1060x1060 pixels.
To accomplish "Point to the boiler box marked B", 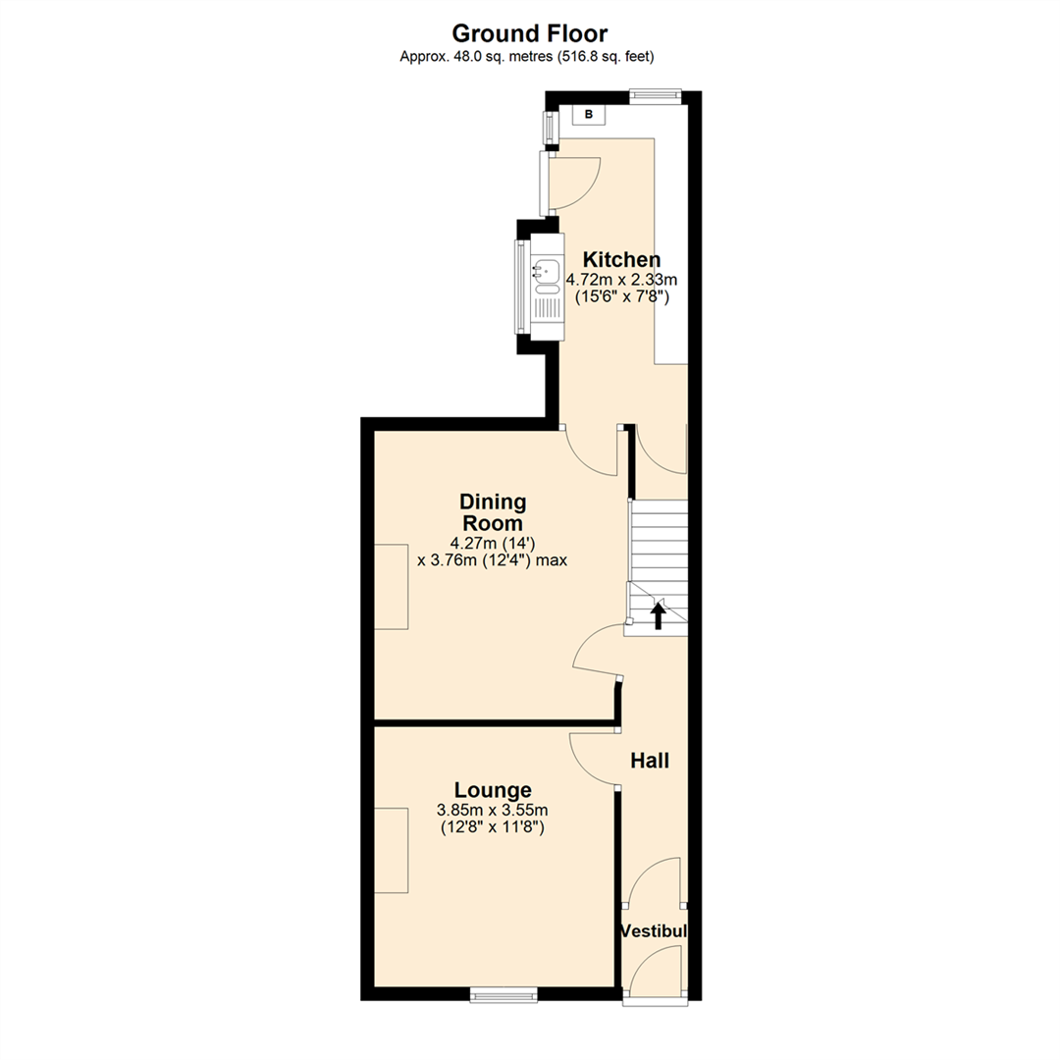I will tap(589, 115).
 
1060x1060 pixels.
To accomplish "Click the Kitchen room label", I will tap(621, 259).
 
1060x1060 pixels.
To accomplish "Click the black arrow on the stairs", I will tap(659, 615).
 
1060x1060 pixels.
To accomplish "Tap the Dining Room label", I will tap(494, 512).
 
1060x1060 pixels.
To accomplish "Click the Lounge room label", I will tap(493, 790).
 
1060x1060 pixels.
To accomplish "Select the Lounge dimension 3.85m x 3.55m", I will tap(492, 811).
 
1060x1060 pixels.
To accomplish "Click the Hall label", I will tap(649, 760).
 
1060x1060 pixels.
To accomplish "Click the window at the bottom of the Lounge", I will tap(503, 994).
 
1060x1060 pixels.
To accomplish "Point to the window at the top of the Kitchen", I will tap(655, 95).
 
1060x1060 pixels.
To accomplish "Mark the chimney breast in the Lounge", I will tap(391, 850).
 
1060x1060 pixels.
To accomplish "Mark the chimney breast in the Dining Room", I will tap(391, 586).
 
